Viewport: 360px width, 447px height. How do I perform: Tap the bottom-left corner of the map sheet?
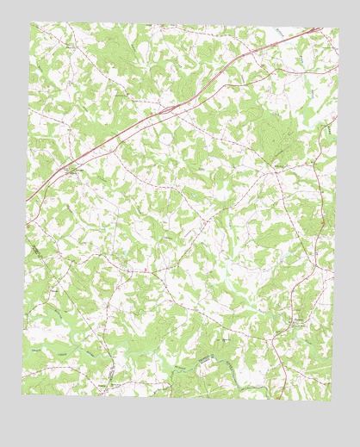point(22,395)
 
